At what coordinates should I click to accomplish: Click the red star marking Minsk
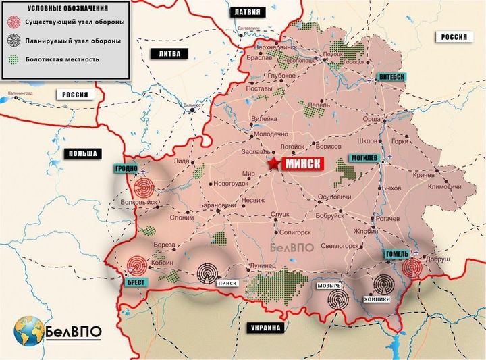click(273, 164)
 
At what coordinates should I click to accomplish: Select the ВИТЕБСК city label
click(391, 77)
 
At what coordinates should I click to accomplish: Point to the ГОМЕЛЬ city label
click(397, 253)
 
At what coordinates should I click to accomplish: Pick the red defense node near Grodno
click(144, 188)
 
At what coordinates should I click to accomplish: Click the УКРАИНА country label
click(261, 328)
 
